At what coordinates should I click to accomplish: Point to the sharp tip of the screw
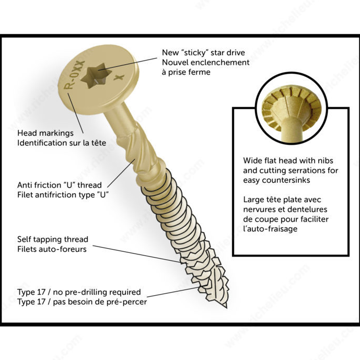[225, 306]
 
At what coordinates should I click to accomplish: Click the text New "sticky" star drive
[203, 52]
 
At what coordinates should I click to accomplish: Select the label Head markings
[45, 133]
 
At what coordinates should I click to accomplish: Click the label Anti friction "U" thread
[60, 185]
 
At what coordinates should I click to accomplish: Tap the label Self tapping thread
[53, 239]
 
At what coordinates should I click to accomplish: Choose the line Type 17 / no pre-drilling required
[79, 292]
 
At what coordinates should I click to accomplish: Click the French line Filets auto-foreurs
[52, 249]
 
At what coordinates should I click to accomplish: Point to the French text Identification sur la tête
[63, 143]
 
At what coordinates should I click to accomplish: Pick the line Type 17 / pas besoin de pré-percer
[82, 302]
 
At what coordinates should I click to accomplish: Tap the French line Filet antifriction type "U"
[66, 195]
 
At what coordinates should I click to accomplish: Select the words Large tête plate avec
[282, 200]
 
